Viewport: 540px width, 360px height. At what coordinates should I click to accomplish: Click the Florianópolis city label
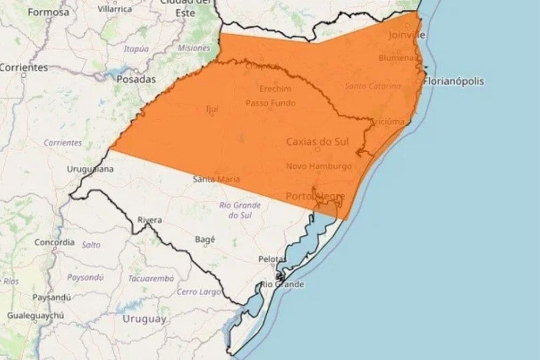pyautogui.click(x=454, y=81)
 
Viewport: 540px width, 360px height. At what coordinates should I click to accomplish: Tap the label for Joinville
pyautogui.click(x=407, y=35)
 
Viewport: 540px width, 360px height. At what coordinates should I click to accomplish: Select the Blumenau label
pyautogui.click(x=397, y=57)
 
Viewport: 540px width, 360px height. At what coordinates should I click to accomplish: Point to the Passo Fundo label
pyautogui.click(x=270, y=103)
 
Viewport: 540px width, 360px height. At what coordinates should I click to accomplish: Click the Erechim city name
pyautogui.click(x=275, y=89)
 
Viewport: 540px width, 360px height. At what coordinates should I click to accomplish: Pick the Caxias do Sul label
pyautogui.click(x=317, y=141)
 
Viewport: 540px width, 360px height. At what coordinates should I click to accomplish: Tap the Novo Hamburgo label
pyautogui.click(x=319, y=166)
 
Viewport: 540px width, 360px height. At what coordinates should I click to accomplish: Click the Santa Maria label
pyautogui.click(x=217, y=179)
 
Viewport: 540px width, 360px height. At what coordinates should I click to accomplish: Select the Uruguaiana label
pyautogui.click(x=90, y=169)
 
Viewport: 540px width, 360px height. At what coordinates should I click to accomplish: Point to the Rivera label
pyautogui.click(x=150, y=220)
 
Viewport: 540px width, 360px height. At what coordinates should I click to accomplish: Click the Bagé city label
pyautogui.click(x=205, y=240)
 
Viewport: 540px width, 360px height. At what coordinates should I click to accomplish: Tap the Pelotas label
pyautogui.click(x=272, y=260)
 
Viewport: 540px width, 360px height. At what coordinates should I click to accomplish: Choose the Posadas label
pyautogui.click(x=136, y=79)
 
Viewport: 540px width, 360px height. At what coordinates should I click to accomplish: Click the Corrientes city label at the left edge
pyautogui.click(x=24, y=67)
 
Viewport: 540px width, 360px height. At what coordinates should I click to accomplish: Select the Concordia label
pyautogui.click(x=54, y=242)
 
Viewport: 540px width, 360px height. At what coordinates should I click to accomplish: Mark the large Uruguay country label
pyautogui.click(x=144, y=319)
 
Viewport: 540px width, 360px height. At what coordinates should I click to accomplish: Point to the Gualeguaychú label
pyautogui.click(x=36, y=316)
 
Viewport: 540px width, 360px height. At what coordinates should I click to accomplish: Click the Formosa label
pyautogui.click(x=49, y=12)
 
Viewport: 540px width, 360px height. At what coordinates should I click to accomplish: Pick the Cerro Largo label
pyautogui.click(x=199, y=292)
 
